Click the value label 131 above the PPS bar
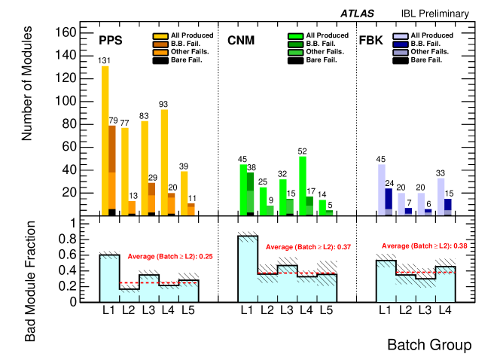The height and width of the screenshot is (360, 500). (x=105, y=60)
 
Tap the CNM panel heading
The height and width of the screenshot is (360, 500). (x=240, y=39)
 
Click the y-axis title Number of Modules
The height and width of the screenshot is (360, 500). (x=29, y=91)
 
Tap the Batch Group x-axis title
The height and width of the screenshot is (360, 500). (x=429, y=345)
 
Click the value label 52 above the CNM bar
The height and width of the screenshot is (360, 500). (x=302, y=151)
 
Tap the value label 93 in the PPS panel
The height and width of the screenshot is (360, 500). (x=163, y=104)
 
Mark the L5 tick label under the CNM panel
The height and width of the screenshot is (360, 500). (x=326, y=310)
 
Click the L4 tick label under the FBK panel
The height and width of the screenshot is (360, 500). (x=445, y=310)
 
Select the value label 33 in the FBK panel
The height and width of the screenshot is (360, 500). (x=441, y=172)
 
